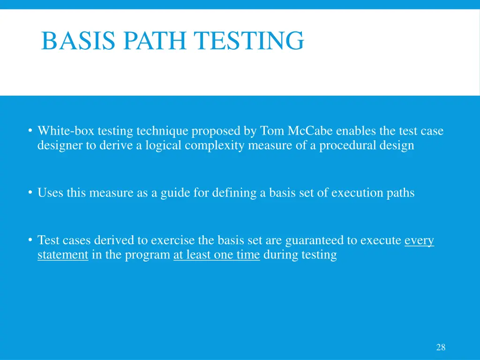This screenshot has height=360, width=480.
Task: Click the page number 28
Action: coord(441,347)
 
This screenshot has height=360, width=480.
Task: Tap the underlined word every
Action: coord(419,240)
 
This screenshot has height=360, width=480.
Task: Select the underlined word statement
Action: coord(63,255)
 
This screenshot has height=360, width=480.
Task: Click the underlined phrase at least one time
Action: coord(217,255)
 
